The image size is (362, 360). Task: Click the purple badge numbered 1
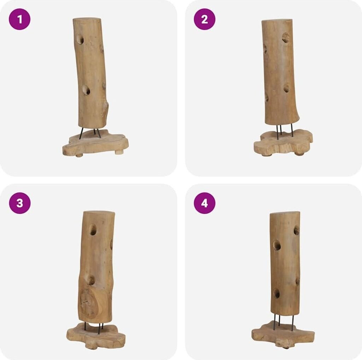[x=20, y=19]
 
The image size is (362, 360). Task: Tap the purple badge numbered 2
[x=205, y=19]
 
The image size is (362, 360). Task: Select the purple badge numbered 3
[x=20, y=203]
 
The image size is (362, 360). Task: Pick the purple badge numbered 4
[x=205, y=203]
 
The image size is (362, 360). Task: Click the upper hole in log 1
[x=80, y=39]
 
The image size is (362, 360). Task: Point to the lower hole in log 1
[x=86, y=90]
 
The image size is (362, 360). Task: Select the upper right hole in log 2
[x=286, y=37]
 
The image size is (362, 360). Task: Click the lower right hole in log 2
[x=286, y=88]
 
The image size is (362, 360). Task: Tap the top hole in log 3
[x=93, y=230]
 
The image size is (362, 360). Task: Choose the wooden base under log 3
[x=96, y=336]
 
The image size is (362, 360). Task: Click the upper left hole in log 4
[x=276, y=245]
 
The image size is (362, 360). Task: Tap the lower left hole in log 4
[x=276, y=293]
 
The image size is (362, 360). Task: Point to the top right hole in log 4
[x=297, y=230]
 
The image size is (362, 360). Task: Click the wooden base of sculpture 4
[x=283, y=335]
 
